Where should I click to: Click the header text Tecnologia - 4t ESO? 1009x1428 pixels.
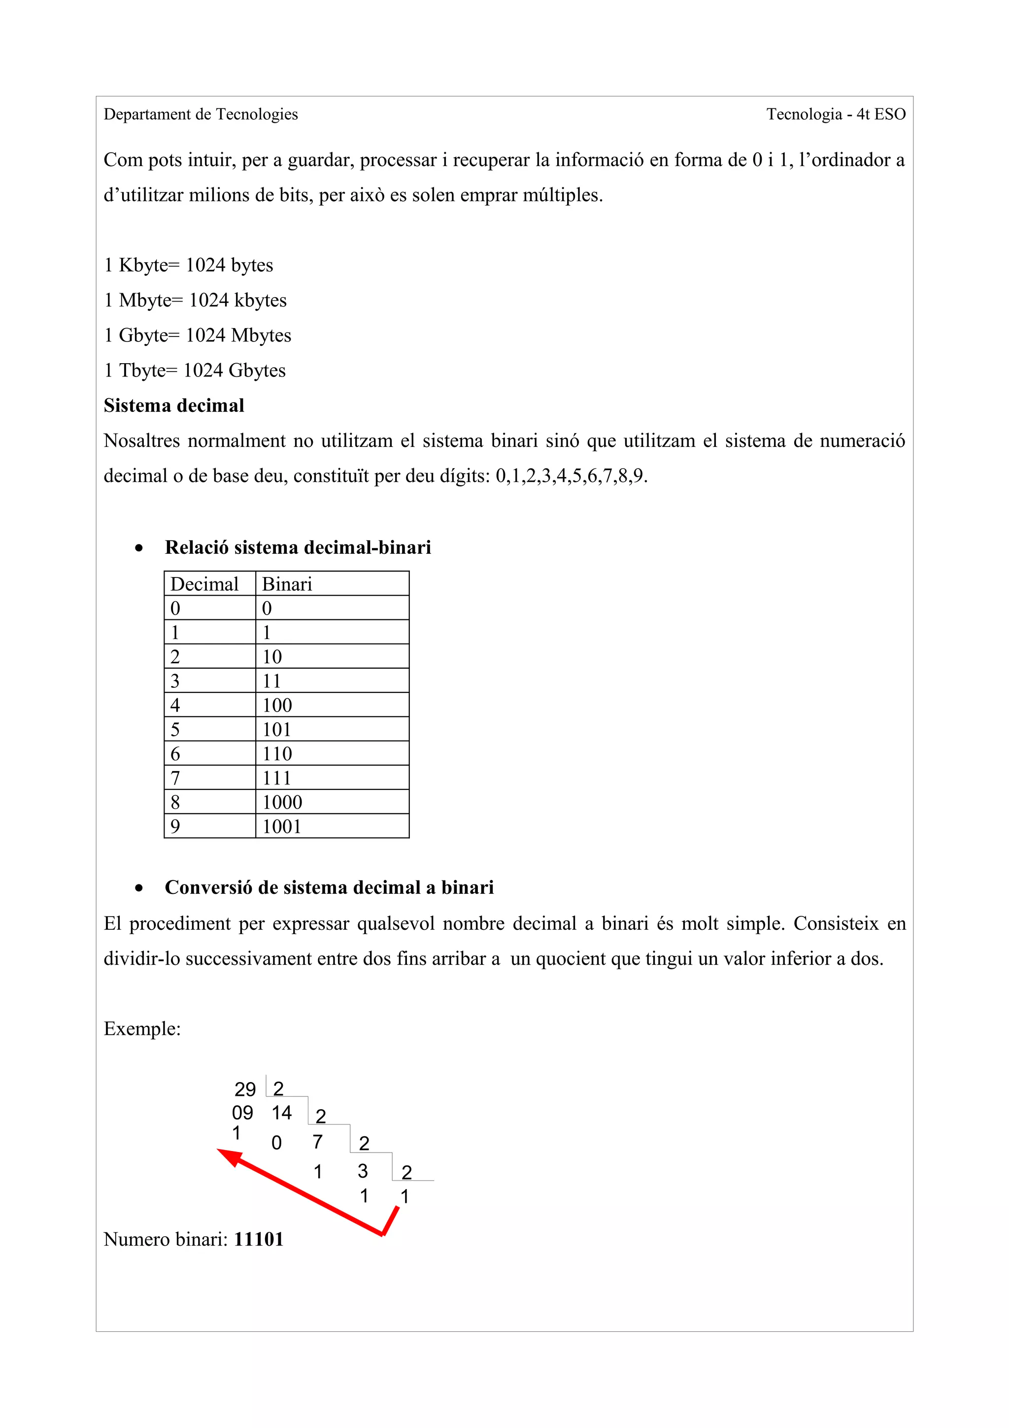[x=835, y=114]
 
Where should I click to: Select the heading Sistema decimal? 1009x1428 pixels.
[x=173, y=406]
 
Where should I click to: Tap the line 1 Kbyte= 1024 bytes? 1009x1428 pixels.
[x=188, y=265]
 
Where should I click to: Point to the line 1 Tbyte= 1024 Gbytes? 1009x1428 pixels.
[x=195, y=371]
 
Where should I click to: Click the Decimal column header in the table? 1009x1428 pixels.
[x=204, y=584]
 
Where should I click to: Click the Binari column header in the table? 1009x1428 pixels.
[x=287, y=584]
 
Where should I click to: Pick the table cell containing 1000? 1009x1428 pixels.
[x=282, y=802]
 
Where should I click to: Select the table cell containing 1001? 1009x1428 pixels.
[x=282, y=826]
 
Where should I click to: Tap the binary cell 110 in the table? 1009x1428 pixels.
[x=277, y=754]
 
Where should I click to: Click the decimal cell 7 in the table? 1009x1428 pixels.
[x=175, y=778]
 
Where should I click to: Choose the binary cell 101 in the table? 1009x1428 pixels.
[x=277, y=730]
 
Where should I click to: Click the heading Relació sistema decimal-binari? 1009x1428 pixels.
[x=297, y=547]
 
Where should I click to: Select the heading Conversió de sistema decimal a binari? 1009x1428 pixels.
[x=329, y=887]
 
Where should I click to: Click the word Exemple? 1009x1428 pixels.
[x=142, y=1029]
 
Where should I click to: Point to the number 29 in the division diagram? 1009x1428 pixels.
[x=245, y=1089]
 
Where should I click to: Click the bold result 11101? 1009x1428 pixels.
[x=259, y=1240]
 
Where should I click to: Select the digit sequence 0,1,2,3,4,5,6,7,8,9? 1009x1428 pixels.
[x=571, y=476]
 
